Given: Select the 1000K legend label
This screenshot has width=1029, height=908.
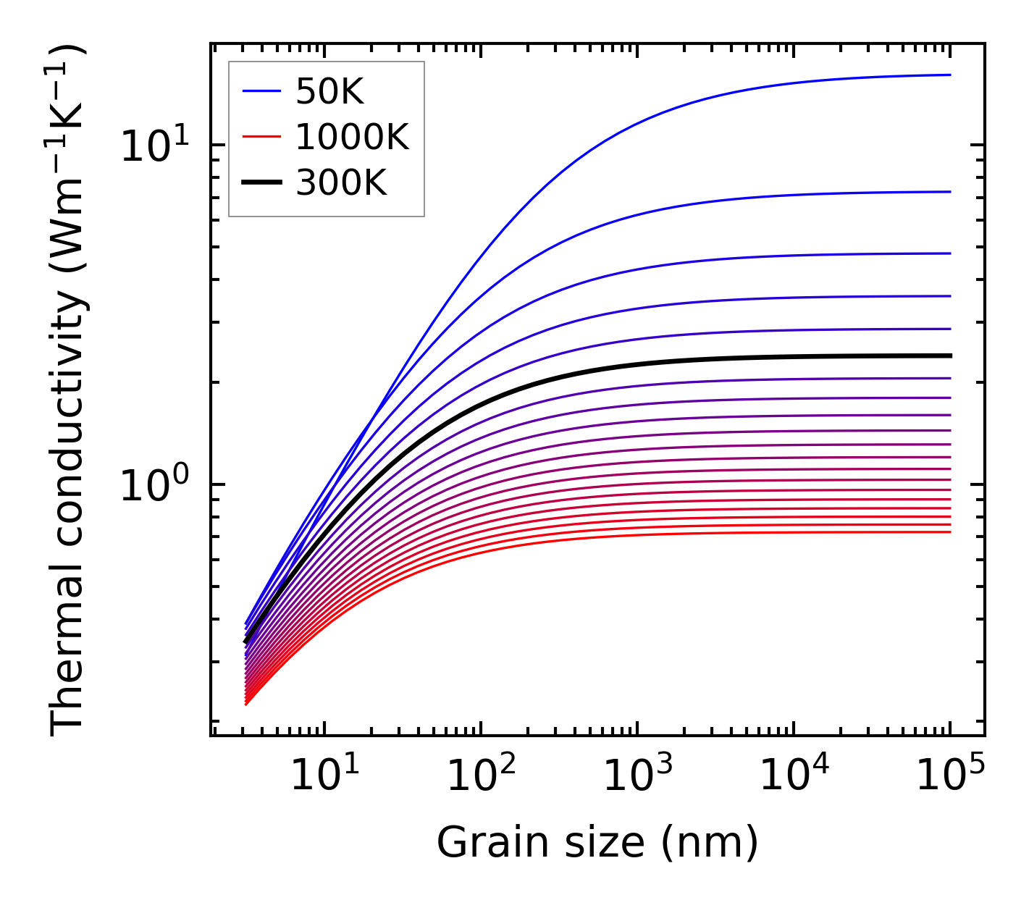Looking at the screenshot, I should coord(352,137).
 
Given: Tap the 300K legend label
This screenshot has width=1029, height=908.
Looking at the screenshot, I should coord(341,183).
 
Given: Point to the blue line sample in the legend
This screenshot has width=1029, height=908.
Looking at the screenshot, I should coord(261,91).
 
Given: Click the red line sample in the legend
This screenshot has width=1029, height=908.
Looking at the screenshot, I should coord(261,137).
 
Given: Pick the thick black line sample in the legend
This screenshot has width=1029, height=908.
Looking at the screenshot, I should coord(261,183).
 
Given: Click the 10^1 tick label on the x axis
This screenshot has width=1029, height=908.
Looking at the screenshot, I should coord(324,776).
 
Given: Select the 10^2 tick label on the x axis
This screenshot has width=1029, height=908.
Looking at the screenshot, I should coord(480,776).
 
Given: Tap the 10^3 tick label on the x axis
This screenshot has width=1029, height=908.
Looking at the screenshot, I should coord(637,776).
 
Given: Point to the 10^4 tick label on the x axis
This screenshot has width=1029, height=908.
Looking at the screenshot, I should coord(793,776).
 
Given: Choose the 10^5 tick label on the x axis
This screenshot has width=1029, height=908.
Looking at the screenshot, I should coord(949,776).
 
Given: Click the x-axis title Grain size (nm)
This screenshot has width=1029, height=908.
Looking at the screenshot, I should coord(597,843).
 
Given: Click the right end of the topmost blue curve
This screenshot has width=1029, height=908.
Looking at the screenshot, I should coord(949,75).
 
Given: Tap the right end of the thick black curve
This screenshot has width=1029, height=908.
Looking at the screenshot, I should coord(949,356).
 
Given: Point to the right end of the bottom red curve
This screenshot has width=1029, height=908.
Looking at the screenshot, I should coord(949,532).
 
